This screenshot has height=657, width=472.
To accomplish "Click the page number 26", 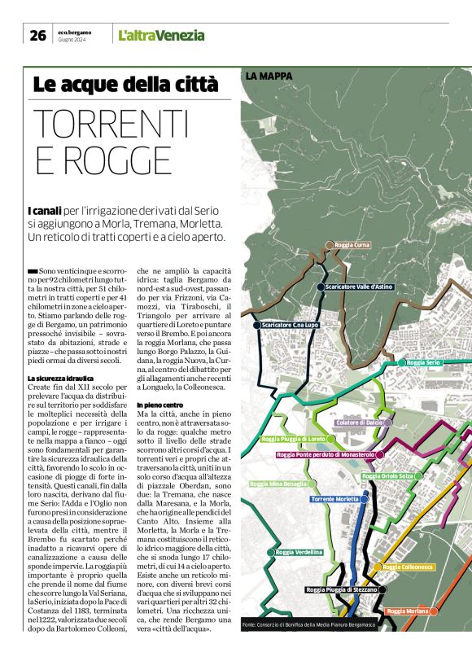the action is (37, 34).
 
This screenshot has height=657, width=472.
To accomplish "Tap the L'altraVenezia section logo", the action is (161, 35).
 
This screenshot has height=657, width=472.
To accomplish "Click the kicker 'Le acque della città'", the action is (125, 84).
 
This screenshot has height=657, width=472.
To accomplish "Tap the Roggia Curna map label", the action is (352, 244).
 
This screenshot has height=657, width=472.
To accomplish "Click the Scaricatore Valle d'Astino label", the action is (359, 287).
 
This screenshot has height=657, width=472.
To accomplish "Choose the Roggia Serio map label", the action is (423, 361).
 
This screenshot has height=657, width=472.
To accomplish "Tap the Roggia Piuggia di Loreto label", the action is (293, 439).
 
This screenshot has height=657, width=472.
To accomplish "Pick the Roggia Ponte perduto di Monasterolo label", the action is (326, 454).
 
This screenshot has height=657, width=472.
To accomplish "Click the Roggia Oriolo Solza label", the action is (387, 475).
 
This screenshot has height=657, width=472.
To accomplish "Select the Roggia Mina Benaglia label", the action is (279, 484).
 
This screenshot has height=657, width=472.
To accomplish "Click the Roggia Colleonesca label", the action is (408, 567).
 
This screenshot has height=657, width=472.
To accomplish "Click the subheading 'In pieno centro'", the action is (160, 405).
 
